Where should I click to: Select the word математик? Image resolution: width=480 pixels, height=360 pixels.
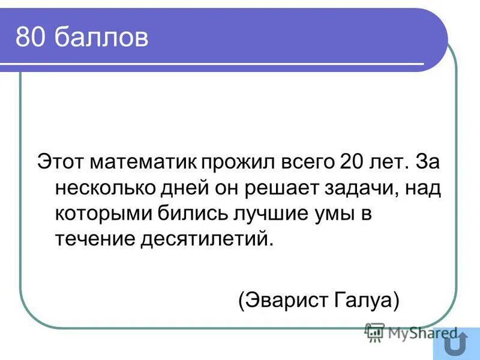(x=140, y=163)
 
